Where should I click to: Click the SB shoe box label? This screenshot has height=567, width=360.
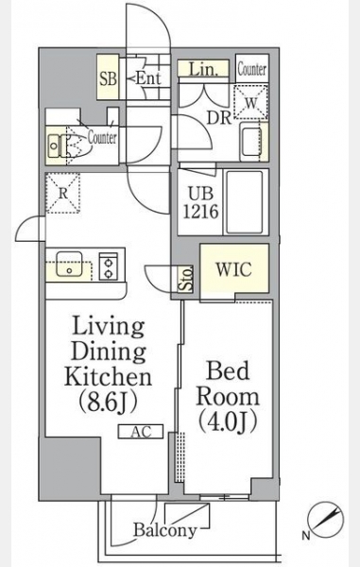point(109,78)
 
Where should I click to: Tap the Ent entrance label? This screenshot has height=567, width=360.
point(147,78)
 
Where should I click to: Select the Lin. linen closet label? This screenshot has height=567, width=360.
point(203,69)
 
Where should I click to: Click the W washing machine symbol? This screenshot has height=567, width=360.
point(251,103)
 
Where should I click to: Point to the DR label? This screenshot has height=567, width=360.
point(218,117)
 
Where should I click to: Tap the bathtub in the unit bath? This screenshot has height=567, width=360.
point(245,202)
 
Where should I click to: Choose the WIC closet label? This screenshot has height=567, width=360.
point(233,269)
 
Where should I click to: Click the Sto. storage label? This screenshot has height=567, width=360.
point(186,279)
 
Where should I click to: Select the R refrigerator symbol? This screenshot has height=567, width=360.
point(63,194)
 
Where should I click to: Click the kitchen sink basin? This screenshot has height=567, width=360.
point(69,264)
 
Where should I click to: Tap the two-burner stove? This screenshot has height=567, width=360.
point(108,266)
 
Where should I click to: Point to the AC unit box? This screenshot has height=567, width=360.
point(141,432)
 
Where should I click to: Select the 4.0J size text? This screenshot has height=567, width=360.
point(228,422)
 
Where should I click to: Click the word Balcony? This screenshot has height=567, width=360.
point(164,530)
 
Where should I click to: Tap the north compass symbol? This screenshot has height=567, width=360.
point(325,520)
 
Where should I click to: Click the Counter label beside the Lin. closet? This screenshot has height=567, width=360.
point(252,69)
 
